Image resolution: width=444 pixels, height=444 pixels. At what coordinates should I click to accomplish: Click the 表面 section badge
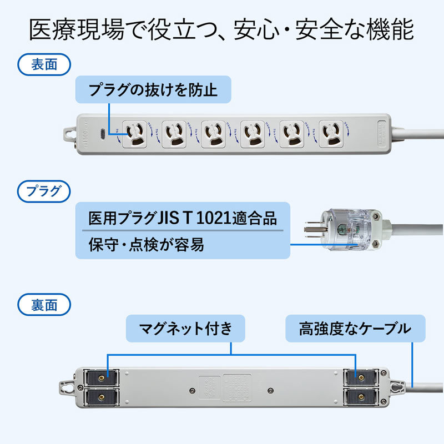(44, 64)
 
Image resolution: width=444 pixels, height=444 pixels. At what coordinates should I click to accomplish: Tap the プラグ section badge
(44, 192)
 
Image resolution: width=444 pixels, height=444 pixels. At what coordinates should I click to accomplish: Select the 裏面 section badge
(44, 305)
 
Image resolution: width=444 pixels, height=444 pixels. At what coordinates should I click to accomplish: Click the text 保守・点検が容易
(147, 245)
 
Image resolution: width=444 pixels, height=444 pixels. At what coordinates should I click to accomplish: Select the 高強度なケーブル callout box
(355, 329)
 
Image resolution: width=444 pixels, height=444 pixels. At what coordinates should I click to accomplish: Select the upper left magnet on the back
(101, 377)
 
